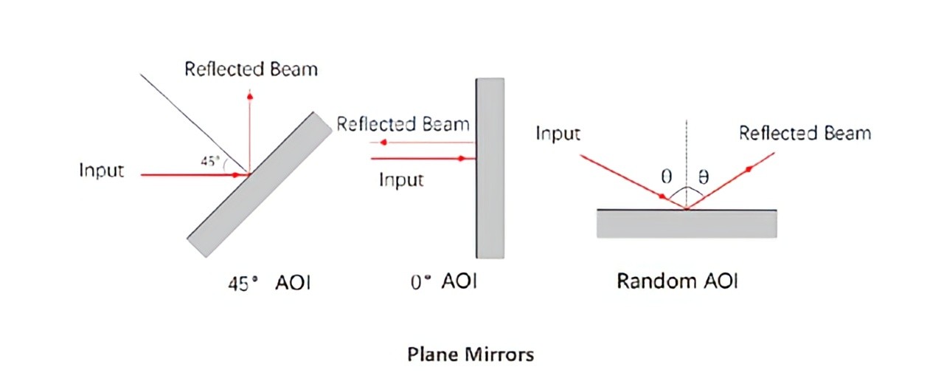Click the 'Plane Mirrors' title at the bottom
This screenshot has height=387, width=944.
470,355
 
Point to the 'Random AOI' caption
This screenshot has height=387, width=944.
677,281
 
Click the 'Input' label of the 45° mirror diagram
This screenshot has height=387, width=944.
102,171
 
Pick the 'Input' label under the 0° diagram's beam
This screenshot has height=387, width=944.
401,179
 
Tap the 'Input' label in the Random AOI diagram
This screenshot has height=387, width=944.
558,134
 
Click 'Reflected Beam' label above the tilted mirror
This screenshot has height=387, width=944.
251,69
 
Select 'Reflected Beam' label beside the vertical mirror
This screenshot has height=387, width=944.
403,123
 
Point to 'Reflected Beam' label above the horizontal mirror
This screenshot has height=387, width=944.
805,134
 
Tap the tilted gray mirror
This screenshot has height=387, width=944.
259,185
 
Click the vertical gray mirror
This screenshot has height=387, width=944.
490,168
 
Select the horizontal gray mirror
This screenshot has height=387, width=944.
686,224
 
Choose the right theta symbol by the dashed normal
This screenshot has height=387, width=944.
703,178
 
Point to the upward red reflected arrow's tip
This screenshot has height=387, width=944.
250,96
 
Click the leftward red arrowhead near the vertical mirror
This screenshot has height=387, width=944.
384,142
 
